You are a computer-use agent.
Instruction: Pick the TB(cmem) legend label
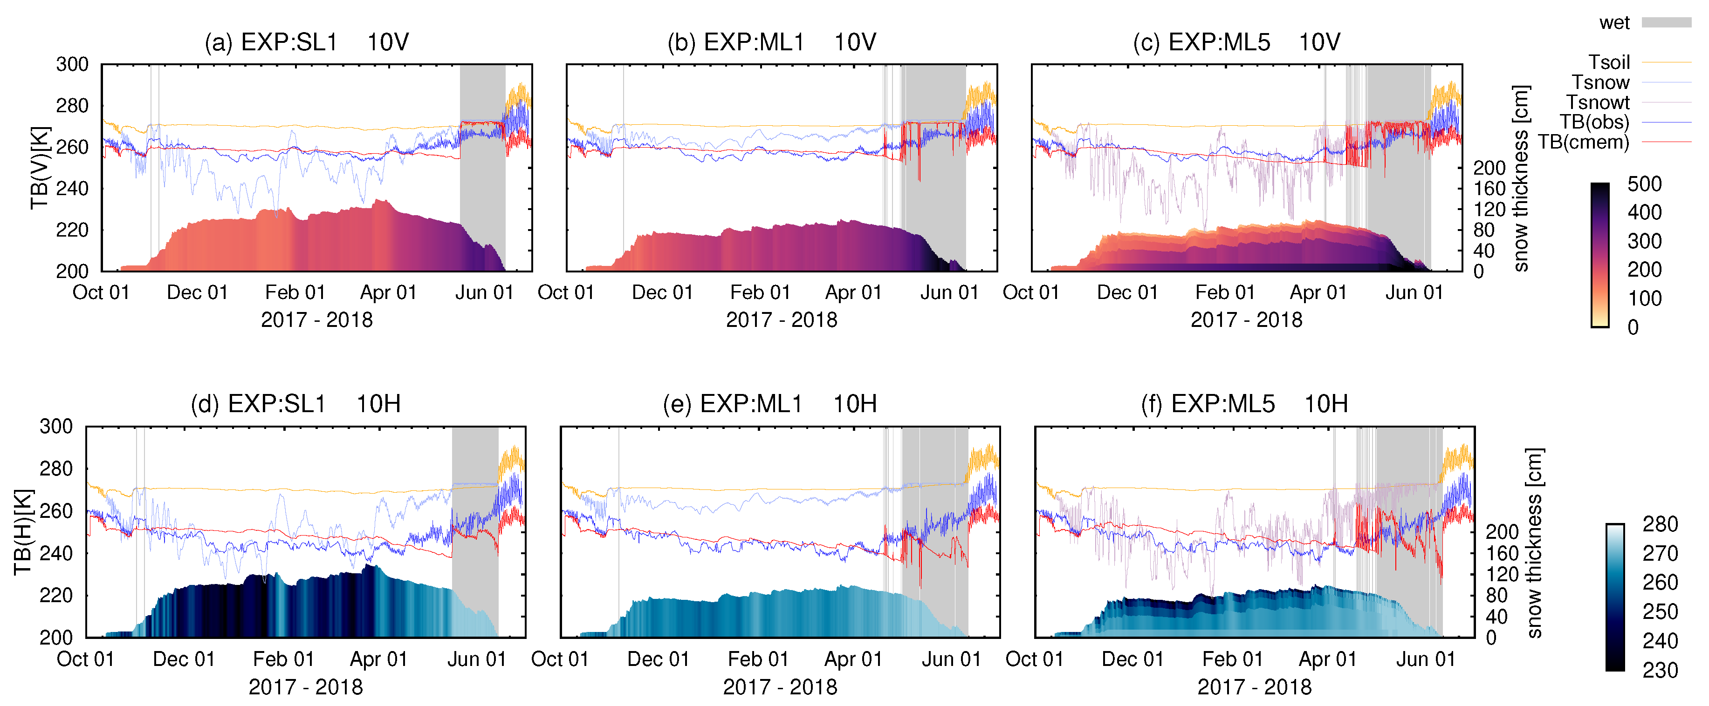1584,142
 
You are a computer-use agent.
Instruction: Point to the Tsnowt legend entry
1598,102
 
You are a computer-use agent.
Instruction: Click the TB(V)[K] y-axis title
40,167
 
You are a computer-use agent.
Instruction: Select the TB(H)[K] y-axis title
23,532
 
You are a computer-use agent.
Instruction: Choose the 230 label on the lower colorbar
1660,670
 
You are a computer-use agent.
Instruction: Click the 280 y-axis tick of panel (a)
72,105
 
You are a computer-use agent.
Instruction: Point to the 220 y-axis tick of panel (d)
56,595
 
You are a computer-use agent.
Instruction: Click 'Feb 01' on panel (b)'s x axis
760,292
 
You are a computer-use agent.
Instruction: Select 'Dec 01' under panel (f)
1132,659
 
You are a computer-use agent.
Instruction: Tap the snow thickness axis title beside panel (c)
1520,177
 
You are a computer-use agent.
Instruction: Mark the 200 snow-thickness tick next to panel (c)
1489,168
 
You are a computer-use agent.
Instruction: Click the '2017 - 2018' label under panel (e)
780,687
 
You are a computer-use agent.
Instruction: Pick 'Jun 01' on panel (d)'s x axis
476,659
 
